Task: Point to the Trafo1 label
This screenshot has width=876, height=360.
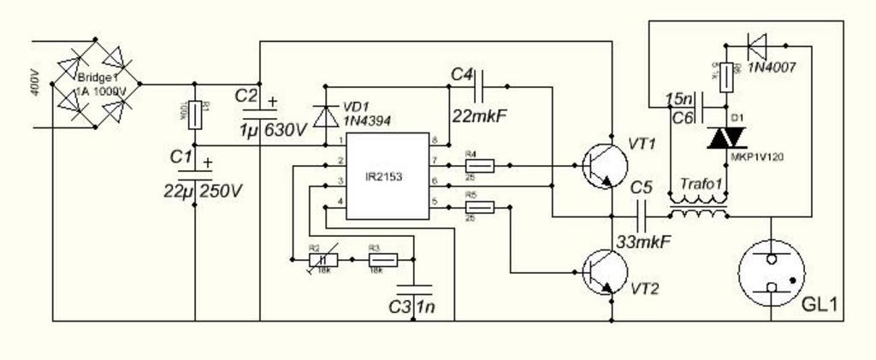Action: pos(701,184)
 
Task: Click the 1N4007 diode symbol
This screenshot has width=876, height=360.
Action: pos(757,42)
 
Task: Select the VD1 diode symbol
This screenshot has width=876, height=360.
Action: pos(325,115)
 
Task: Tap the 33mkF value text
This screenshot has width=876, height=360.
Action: pos(643,242)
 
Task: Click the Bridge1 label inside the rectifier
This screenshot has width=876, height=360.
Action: pos(101,78)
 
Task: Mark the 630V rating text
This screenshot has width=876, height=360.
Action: pos(285,130)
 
